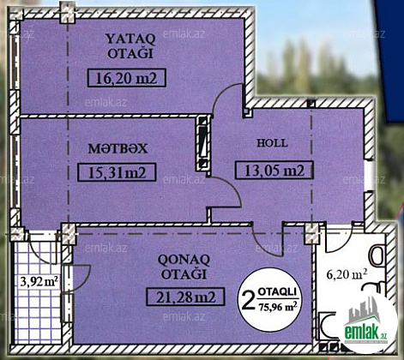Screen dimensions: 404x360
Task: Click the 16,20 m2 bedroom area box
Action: (x=127, y=78)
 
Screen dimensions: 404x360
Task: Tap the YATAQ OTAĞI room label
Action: (x=130, y=46)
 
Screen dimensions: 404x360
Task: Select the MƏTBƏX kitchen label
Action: (x=118, y=149)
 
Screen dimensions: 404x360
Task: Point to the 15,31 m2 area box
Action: (x=117, y=172)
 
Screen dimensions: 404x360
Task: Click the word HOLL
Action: (x=272, y=143)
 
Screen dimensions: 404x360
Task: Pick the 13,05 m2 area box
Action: (x=274, y=171)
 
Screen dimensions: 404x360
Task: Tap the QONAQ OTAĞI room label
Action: (x=184, y=267)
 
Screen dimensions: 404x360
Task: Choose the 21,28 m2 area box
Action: (x=185, y=297)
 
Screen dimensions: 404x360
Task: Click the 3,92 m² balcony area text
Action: (x=39, y=282)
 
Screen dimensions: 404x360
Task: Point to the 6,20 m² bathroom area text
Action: (x=347, y=274)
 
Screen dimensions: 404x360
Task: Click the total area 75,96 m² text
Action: (x=277, y=307)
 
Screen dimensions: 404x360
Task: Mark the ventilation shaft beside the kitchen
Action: (x=203, y=143)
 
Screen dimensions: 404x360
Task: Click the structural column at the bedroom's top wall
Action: (x=67, y=12)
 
